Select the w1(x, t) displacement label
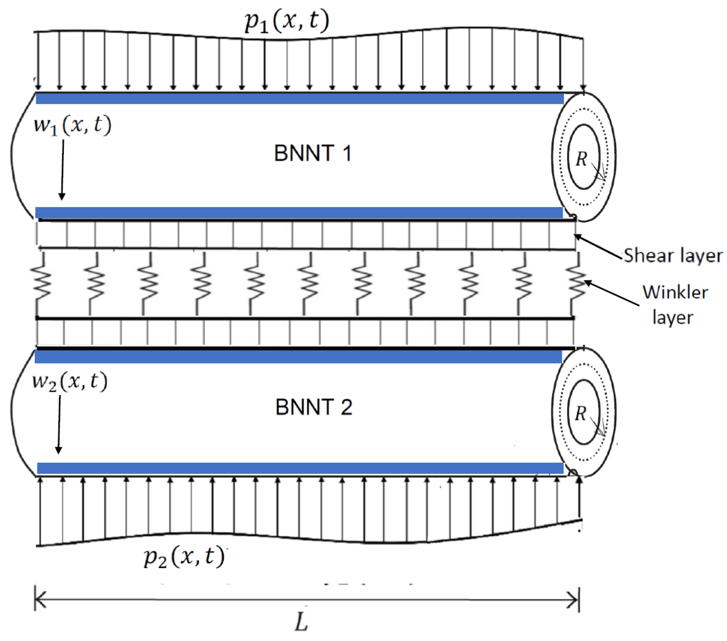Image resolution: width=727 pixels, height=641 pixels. [72, 125]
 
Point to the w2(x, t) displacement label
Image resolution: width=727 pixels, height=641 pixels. [70, 382]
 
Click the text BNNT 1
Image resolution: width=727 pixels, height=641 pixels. [313, 154]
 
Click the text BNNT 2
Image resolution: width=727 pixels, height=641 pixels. [314, 407]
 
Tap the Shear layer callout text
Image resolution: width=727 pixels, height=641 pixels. [673, 255]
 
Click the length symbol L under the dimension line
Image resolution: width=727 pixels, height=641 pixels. [301, 622]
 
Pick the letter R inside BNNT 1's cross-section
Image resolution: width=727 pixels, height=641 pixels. [581, 159]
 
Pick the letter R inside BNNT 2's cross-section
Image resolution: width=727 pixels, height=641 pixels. [580, 413]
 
